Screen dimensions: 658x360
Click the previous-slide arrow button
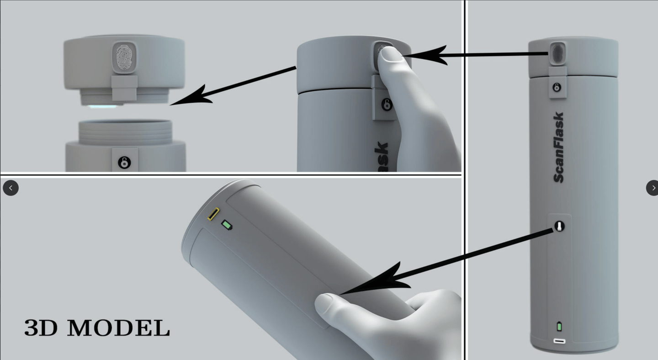11,188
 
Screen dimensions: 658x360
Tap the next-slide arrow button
653,188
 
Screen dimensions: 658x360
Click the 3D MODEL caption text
97,328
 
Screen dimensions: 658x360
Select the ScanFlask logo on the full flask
558,148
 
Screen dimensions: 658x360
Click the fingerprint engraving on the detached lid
124,57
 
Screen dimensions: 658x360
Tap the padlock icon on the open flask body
124,162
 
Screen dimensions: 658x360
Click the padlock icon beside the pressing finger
387,105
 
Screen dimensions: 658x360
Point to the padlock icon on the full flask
557,87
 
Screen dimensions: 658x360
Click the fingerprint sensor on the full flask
557,53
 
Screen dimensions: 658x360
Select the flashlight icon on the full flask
559,227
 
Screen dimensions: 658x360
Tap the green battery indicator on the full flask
559,327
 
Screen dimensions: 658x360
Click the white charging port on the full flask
559,341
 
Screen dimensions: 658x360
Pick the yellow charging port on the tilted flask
213,214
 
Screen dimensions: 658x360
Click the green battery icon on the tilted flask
227,225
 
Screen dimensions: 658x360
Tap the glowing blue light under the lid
102,106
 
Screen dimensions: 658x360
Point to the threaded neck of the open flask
125,132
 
